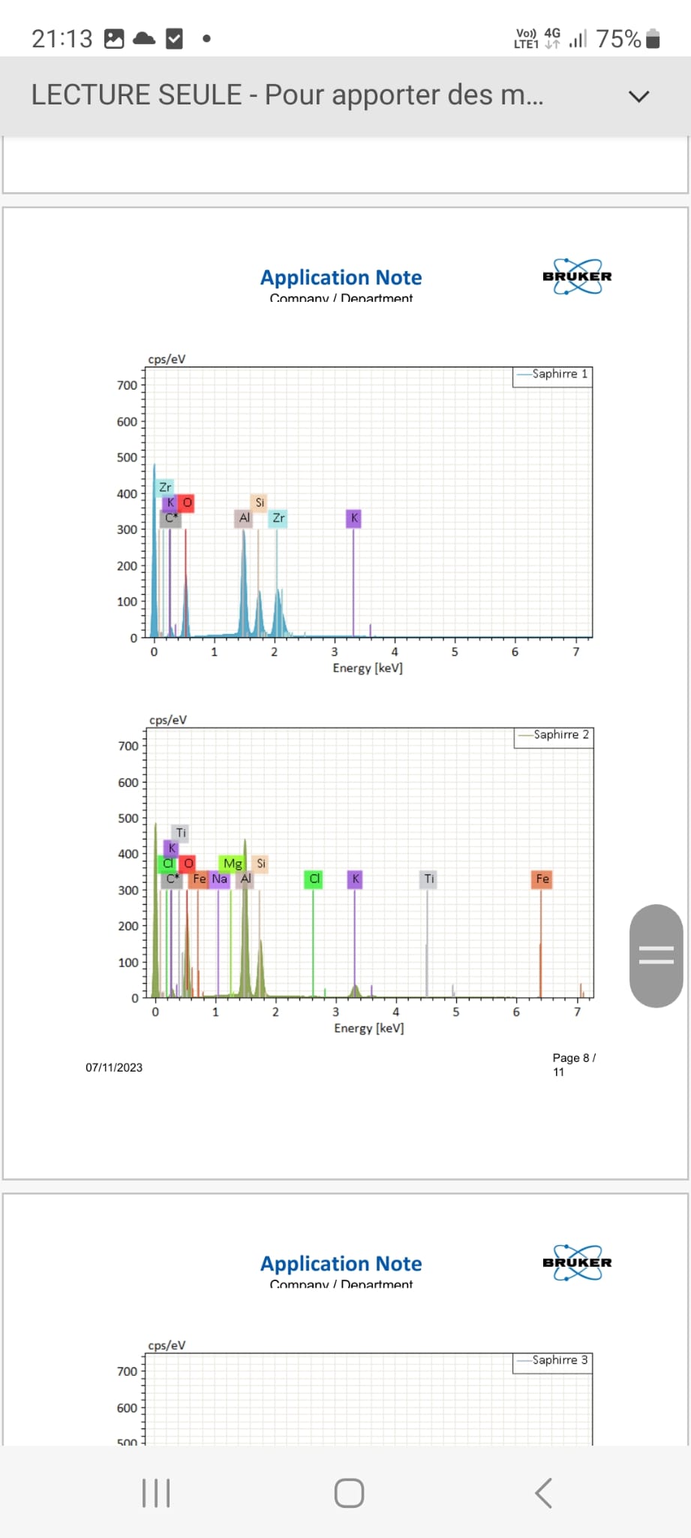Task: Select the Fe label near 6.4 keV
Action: pos(542,879)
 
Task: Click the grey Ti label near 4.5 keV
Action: pos(428,879)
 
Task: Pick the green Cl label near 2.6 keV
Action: pos(314,879)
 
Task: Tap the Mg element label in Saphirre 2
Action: pos(233,864)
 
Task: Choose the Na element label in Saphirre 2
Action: pos(219,879)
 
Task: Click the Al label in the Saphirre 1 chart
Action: pos(244,518)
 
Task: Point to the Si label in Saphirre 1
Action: pos(260,502)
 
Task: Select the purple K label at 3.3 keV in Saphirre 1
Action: pos(354,518)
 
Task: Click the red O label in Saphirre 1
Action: pos(187,502)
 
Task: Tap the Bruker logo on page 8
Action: pos(577,276)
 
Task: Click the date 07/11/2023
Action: pos(114,1067)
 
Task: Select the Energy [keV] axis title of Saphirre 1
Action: pos(368,668)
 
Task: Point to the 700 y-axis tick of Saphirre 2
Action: pos(128,746)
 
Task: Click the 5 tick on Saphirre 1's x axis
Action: pos(455,652)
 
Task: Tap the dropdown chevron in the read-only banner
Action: pos(638,96)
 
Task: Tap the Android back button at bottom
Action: pos(543,1493)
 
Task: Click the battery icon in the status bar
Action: pos(653,38)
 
